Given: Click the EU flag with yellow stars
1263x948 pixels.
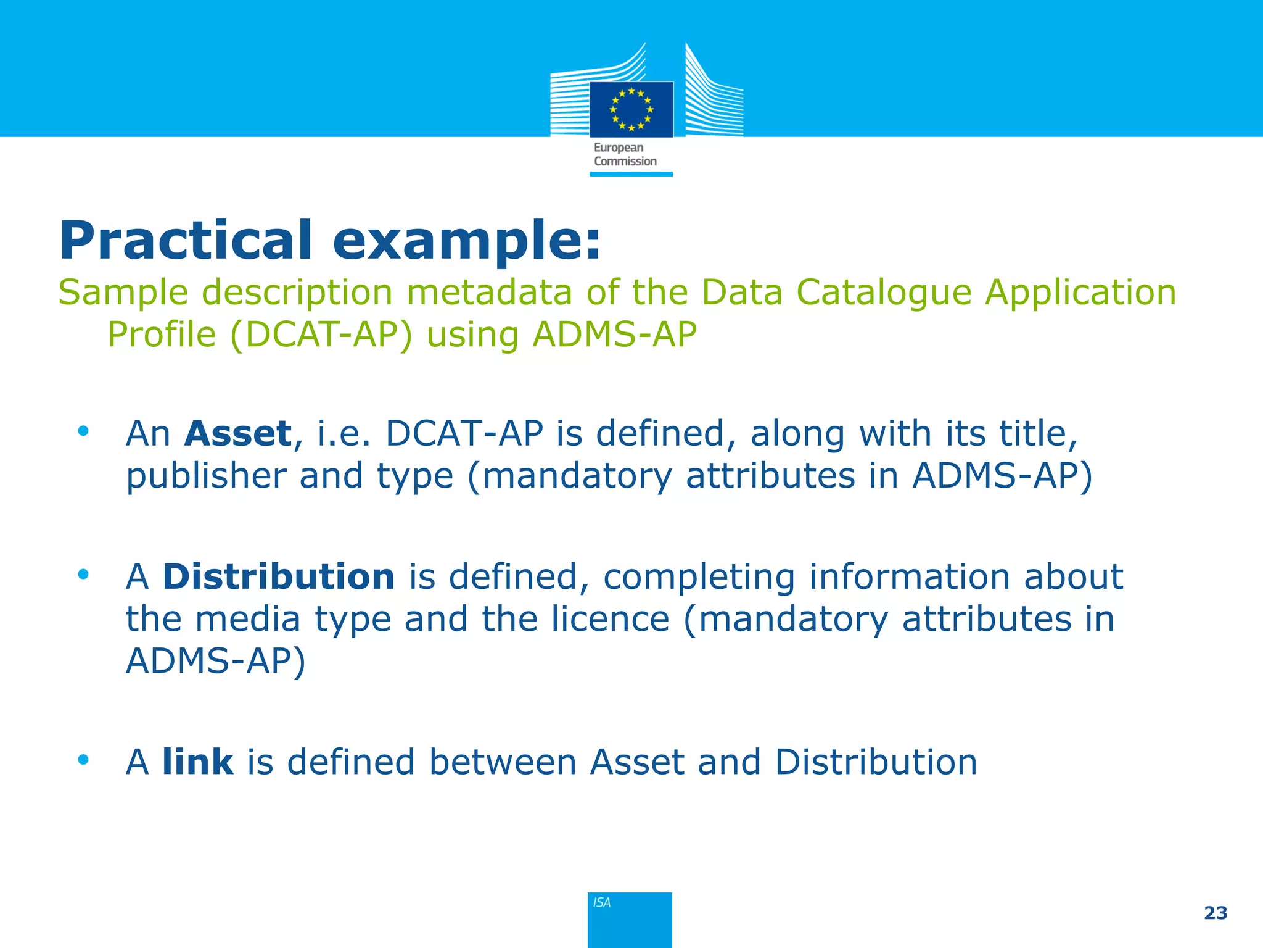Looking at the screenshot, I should (631, 109).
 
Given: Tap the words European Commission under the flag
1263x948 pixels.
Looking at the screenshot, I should (625, 154).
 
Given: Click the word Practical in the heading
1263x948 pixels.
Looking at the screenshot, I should (186, 241).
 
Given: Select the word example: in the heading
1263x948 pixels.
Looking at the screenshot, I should (466, 242).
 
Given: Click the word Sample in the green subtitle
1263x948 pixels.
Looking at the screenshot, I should (123, 292).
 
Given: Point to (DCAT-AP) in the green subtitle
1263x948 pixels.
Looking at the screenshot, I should (321, 335).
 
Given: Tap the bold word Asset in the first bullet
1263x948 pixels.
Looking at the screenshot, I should (238, 433).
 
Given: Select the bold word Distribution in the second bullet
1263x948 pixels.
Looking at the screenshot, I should (278, 576).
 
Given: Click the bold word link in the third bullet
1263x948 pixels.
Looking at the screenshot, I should (197, 762).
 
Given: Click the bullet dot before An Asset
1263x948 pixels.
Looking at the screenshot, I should (83, 431).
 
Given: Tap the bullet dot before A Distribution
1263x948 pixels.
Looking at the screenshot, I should (83, 575).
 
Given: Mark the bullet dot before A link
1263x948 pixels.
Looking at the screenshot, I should (83, 760).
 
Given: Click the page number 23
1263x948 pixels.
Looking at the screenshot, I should (1215, 913).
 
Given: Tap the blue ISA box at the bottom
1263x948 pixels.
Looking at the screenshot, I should (630, 919).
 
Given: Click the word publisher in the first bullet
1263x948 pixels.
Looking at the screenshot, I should (206, 476).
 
